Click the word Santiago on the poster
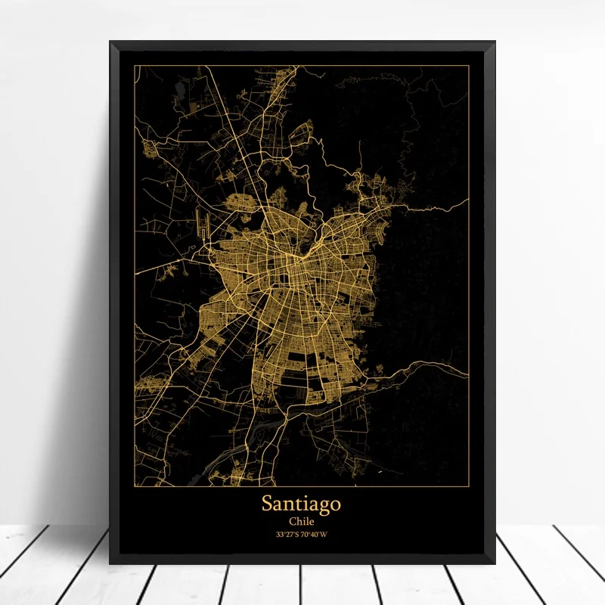click(302, 503)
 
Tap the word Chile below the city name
click(302, 521)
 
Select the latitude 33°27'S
click(287, 535)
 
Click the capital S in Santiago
click(267, 502)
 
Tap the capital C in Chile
click(290, 521)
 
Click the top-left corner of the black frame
click(110, 42)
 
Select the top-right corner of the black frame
click(495, 42)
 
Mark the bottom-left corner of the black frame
click(110, 563)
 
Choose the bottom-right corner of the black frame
click(495, 563)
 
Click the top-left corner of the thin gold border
click(135, 66)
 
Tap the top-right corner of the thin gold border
click(470, 66)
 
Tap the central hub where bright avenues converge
click(301, 257)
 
